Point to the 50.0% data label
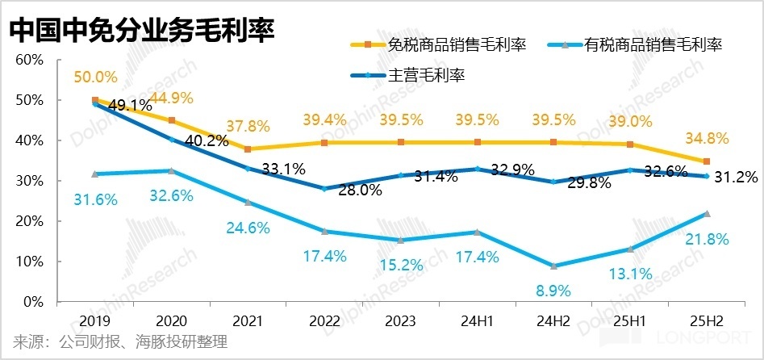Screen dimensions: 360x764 point(95,78)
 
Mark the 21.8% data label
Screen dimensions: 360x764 point(707,239)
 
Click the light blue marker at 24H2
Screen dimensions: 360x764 point(553,266)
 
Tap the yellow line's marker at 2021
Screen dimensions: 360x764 point(248,149)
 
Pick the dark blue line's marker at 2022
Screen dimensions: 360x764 point(324,189)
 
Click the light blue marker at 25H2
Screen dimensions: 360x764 point(707,214)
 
